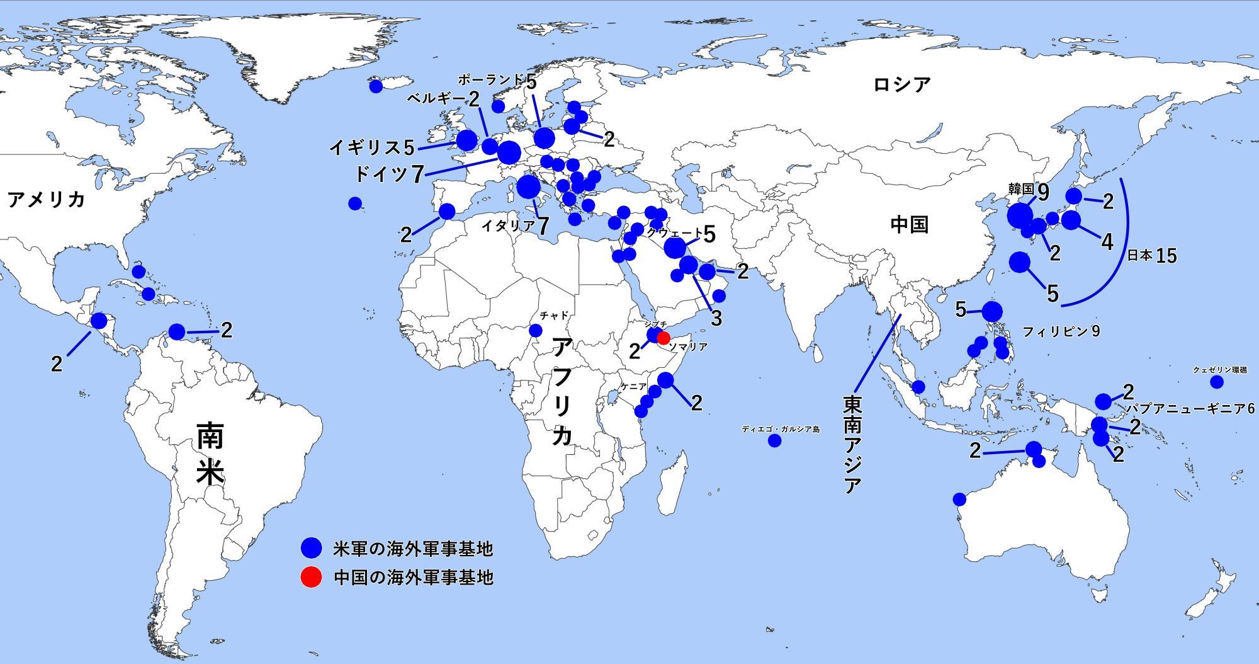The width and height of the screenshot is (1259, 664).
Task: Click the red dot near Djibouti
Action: [663, 338]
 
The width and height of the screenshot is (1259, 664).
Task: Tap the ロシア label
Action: [901, 84]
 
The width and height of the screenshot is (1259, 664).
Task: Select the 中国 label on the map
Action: [910, 224]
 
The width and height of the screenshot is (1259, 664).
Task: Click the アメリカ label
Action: [46, 200]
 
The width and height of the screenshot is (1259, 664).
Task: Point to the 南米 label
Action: [210, 454]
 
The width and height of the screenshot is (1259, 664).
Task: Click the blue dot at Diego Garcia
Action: [774, 441]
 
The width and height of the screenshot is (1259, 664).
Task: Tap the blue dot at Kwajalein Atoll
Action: [1216, 382]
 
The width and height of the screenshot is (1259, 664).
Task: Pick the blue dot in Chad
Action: [536, 331]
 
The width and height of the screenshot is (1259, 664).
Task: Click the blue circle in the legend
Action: [311, 548]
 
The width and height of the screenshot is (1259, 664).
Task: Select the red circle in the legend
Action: [311, 577]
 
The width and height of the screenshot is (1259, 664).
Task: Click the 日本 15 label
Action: [1151, 256]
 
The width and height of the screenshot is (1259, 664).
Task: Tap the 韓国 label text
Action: [1021, 188]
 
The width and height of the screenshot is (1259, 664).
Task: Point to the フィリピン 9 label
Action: [1061, 331]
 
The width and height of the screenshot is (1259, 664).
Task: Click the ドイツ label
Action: [382, 174]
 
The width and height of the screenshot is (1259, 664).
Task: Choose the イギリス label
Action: [365, 148]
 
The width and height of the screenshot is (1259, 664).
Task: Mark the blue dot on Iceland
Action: [376, 86]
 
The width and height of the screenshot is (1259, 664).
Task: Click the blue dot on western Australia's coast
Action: [959, 500]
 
